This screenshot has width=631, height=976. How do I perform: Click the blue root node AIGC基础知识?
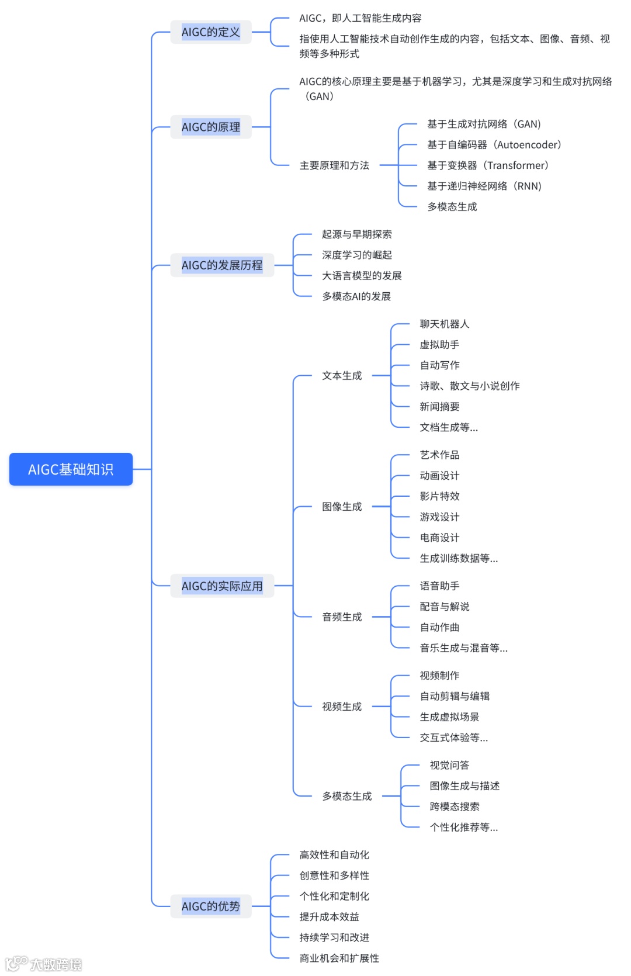(x=71, y=469)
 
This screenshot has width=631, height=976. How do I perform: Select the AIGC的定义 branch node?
(x=211, y=32)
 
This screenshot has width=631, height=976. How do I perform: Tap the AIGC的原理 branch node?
(x=211, y=127)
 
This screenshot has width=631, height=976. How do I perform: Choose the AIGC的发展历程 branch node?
(x=222, y=265)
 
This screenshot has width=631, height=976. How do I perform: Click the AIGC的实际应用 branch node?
(x=222, y=586)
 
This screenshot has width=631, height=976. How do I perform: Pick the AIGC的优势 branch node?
(x=211, y=906)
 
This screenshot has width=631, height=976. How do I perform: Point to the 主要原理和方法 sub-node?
(x=334, y=165)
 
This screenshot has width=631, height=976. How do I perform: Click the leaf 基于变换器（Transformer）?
(x=488, y=165)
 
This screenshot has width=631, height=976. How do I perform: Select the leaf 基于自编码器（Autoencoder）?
(x=494, y=145)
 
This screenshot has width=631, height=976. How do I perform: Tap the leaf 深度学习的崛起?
(x=356, y=255)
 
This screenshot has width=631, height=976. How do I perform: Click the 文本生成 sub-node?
(x=342, y=376)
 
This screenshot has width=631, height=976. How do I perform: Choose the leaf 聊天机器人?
(x=444, y=324)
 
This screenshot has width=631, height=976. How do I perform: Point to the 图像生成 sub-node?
(x=342, y=507)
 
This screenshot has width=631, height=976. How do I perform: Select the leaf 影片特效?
(x=439, y=496)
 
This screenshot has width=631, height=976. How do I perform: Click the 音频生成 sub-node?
(x=342, y=617)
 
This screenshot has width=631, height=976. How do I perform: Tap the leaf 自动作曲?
(x=439, y=627)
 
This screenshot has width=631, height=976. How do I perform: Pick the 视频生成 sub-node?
(x=342, y=707)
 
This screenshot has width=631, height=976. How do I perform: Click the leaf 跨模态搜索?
(x=455, y=807)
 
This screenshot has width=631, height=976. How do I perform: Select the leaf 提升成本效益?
(x=329, y=917)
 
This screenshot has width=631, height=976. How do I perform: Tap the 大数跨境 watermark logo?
(x=44, y=964)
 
